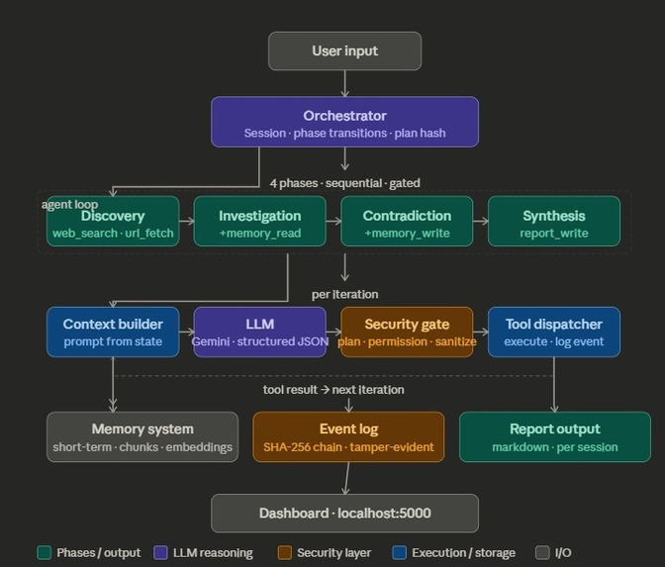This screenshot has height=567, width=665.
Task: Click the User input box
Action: (344, 51)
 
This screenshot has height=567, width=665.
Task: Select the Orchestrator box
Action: (344, 122)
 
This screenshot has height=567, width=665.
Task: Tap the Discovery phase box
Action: (113, 222)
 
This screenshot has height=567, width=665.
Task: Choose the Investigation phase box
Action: (259, 222)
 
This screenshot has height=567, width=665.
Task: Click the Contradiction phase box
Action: (407, 222)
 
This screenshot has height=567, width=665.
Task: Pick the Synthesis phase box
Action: (553, 222)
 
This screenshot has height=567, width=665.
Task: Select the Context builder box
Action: (113, 331)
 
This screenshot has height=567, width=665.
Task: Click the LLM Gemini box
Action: (259, 331)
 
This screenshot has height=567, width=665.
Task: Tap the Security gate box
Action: (407, 331)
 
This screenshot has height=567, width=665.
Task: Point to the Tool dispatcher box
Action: (553, 331)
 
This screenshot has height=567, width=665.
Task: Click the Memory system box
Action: (142, 437)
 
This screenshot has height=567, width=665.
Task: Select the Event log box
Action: (348, 437)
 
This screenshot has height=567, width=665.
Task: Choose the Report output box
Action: (554, 437)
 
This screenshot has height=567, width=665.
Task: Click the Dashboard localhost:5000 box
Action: (344, 514)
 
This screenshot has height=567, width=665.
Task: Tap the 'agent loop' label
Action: (69, 205)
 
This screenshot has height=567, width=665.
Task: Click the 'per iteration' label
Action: (344, 294)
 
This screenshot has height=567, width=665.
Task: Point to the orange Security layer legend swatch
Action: (285, 553)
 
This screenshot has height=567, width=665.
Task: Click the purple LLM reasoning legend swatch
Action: (160, 553)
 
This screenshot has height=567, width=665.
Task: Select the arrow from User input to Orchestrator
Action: (344, 83)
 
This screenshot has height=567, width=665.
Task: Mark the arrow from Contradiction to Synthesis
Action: (479, 222)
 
